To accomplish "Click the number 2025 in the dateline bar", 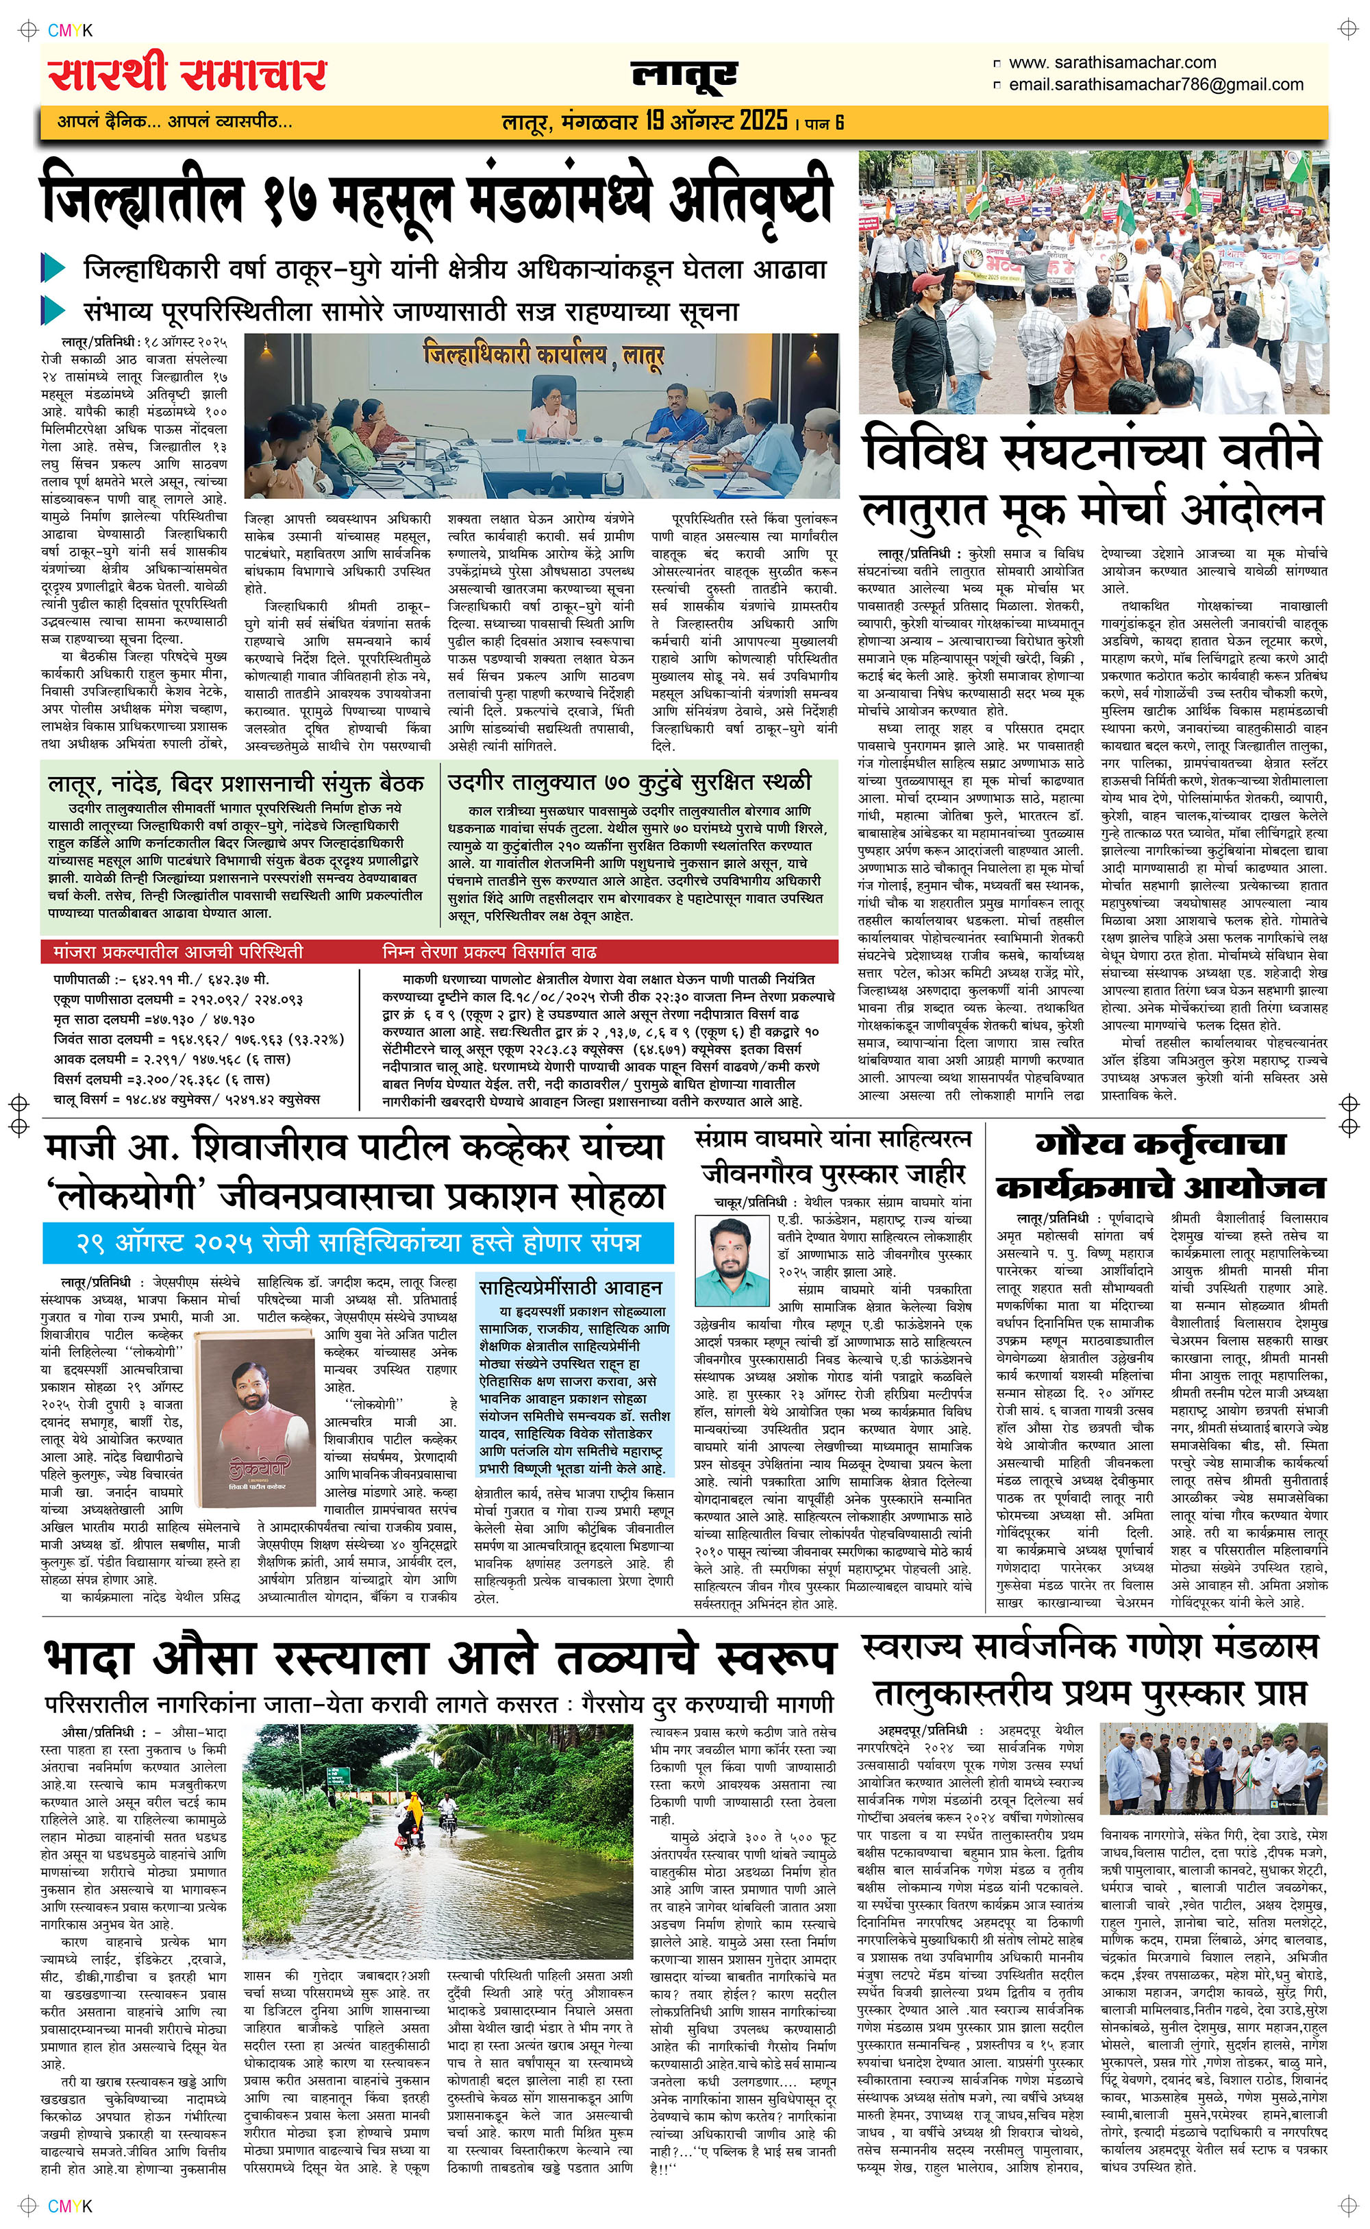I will [763, 121].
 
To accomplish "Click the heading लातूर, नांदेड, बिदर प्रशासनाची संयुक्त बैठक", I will [236, 783].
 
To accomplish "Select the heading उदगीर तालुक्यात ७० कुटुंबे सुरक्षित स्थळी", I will [630, 782].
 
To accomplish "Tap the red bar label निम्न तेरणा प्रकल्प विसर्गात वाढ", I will [489, 951].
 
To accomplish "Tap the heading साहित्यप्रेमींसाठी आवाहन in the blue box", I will [570, 1288].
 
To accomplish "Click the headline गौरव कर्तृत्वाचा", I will [1160, 1144].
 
